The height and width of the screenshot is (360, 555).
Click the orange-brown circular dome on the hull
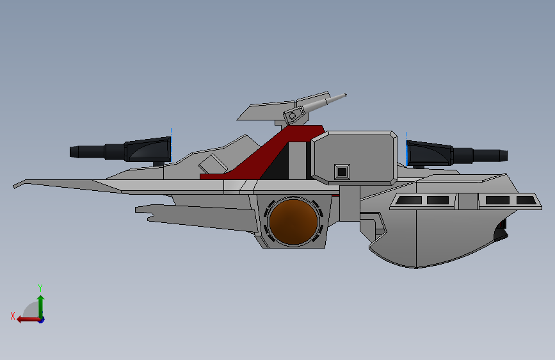(293, 222)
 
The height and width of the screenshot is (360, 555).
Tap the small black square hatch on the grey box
(342, 172)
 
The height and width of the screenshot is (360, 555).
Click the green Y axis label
(40, 288)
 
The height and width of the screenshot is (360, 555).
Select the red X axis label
(13, 316)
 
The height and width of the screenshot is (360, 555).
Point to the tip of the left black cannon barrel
(70, 152)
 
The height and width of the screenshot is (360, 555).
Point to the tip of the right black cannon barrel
(507, 156)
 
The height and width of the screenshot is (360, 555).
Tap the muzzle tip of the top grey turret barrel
(346, 95)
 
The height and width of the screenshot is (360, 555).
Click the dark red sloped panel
(269, 152)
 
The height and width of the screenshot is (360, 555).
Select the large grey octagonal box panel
(354, 158)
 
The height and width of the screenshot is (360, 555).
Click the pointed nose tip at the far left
(14, 186)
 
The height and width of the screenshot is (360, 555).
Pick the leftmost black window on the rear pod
(408, 200)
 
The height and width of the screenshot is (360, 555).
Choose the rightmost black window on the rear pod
(526, 200)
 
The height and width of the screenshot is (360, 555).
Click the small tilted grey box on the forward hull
(213, 165)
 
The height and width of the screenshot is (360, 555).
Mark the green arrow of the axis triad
(41, 307)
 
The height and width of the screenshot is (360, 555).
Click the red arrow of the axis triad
(28, 320)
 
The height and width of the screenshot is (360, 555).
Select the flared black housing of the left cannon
(148, 149)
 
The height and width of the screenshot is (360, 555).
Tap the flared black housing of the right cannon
(430, 154)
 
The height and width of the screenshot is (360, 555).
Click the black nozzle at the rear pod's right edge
(501, 231)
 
